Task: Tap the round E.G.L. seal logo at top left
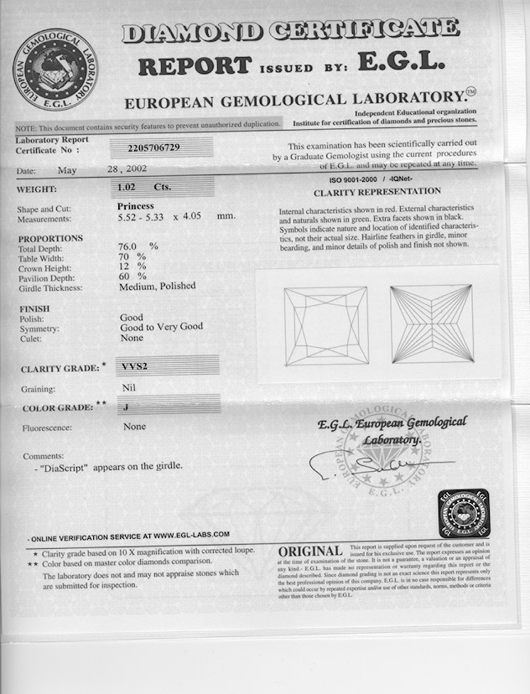(55, 69)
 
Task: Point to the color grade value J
(125, 407)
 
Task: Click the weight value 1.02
(127, 188)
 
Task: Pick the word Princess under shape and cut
(136, 205)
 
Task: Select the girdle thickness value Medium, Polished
(157, 287)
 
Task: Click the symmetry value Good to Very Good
(161, 327)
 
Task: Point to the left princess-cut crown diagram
(326, 326)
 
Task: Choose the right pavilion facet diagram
(432, 324)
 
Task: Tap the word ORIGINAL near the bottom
(309, 551)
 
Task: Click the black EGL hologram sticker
(463, 513)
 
